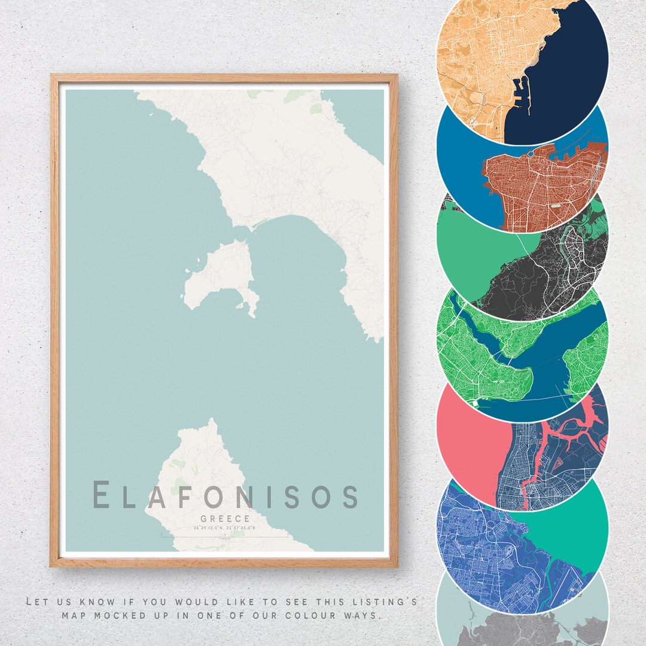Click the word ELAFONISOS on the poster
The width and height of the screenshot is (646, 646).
(x=225, y=496)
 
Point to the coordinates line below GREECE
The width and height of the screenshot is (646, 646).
(x=225, y=528)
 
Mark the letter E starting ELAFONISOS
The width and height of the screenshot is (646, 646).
(x=102, y=496)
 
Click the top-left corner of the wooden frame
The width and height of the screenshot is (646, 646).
(x=53, y=76)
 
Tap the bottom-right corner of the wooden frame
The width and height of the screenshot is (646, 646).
(x=396, y=565)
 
